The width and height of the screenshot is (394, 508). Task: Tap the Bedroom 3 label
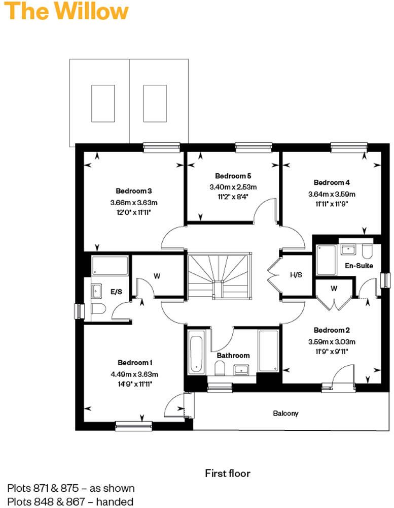pyautogui.click(x=134, y=191)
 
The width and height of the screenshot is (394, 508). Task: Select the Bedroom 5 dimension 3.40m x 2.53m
pyautogui.click(x=233, y=186)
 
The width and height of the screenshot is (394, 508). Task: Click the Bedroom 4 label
pyautogui.click(x=332, y=182)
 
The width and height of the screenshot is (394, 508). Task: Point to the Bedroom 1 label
pyautogui.click(x=135, y=362)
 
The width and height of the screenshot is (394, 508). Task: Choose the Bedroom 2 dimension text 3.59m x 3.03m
pyautogui.click(x=332, y=341)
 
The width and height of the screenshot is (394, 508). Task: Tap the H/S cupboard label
pyautogui.click(x=296, y=275)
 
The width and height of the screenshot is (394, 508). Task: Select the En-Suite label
pyautogui.click(x=359, y=266)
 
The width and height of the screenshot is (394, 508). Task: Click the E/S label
pyautogui.click(x=116, y=292)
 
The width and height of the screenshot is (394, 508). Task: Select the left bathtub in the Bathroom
pyautogui.click(x=196, y=352)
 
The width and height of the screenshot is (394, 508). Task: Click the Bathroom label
pyautogui.click(x=233, y=356)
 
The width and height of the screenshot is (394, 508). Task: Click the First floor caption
pyautogui.click(x=228, y=473)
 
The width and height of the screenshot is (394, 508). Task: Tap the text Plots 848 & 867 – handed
pyautogui.click(x=70, y=502)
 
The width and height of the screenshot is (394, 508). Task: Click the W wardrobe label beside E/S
pyautogui.click(x=157, y=276)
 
